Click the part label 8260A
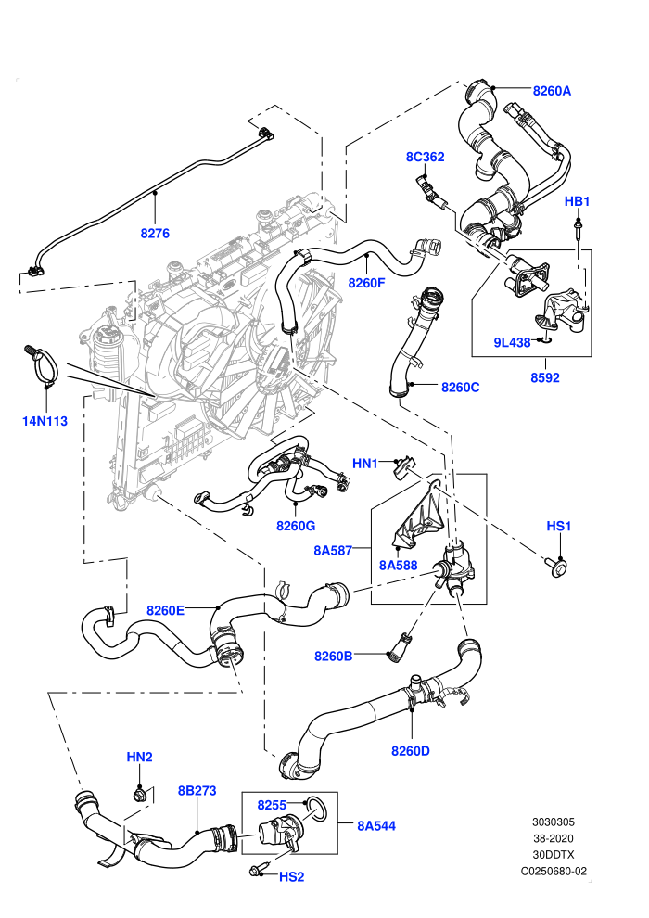552,91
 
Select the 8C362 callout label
425,157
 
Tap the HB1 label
577,201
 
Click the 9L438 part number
512,342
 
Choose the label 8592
545,378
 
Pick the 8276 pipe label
155,234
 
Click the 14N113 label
45,421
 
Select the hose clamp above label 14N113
42,364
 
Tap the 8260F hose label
367,283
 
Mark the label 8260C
461,387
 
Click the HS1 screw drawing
558,567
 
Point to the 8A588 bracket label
399,565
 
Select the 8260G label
296,526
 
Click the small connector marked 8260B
398,646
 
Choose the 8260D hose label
410,750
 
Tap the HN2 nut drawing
140,795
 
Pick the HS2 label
291,877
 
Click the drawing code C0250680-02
554,871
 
